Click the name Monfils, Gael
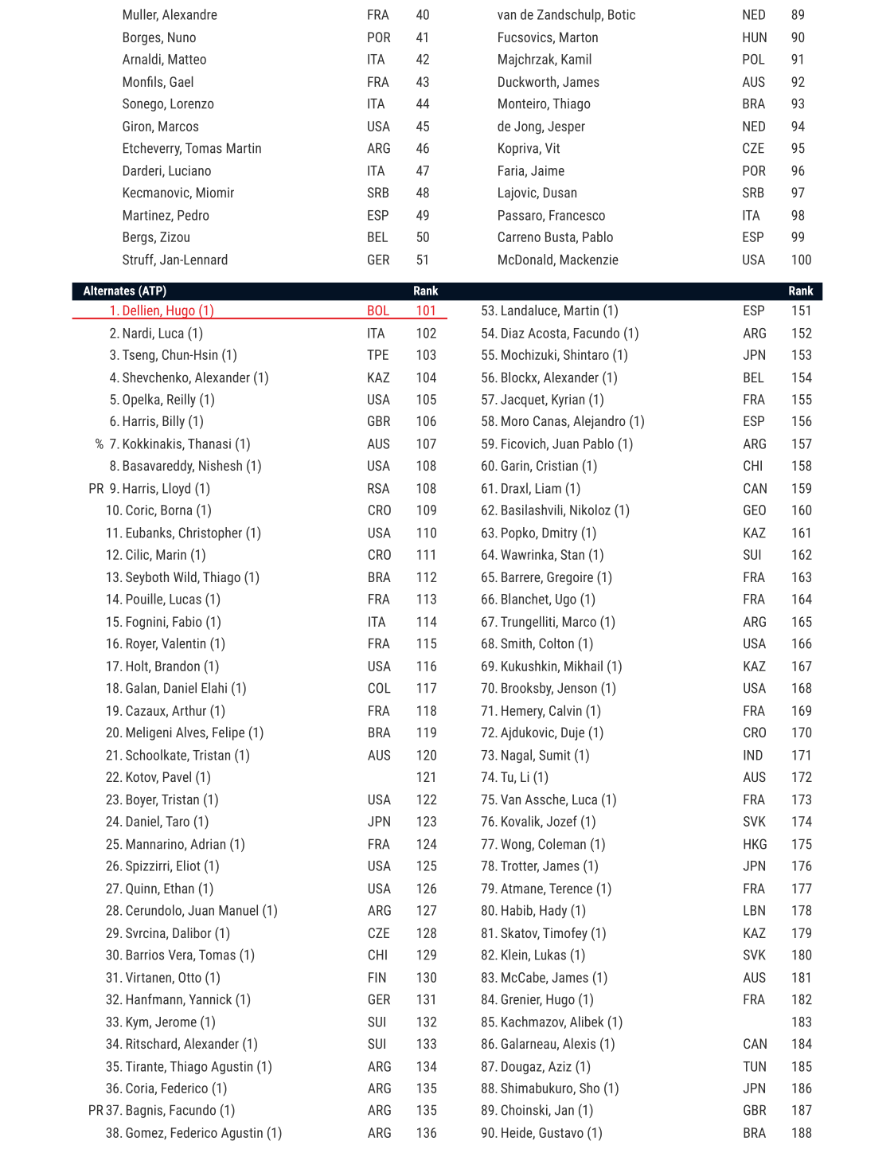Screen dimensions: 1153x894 (158, 82)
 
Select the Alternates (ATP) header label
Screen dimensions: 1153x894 (124, 291)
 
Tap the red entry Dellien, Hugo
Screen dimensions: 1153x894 (167, 311)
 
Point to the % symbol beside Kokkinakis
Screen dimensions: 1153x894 (99, 444)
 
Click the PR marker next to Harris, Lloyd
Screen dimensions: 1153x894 (96, 489)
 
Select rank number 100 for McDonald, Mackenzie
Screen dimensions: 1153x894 (801, 260)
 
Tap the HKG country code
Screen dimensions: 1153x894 (755, 844)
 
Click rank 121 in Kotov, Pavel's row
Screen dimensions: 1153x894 (426, 777)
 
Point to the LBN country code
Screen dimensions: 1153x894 (754, 911)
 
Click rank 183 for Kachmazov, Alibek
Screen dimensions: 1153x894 (801, 1022)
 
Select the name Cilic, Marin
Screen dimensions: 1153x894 (165, 555)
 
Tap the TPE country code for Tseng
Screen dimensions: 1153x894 (377, 355)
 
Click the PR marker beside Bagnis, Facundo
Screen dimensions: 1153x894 (96, 1110)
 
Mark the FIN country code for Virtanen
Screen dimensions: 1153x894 (377, 978)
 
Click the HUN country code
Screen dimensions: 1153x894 (754, 37)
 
